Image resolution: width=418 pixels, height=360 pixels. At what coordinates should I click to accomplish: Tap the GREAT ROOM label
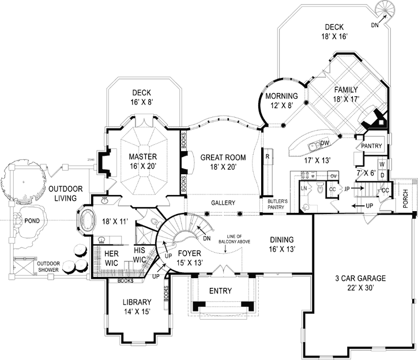pyautogui.click(x=223, y=157)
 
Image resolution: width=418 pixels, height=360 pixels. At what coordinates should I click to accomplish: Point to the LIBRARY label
pyautogui.click(x=136, y=302)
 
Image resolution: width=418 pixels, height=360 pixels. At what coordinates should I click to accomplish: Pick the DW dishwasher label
pyautogui.click(x=325, y=143)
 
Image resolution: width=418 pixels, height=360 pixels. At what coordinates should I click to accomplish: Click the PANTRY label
pyautogui.click(x=371, y=147)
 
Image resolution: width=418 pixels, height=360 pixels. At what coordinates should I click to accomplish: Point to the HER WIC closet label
pyautogui.click(x=111, y=257)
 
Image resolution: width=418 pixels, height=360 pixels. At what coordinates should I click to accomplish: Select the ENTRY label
pyautogui.click(x=220, y=291)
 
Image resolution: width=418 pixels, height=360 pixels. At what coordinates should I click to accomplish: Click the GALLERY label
pyautogui.click(x=222, y=203)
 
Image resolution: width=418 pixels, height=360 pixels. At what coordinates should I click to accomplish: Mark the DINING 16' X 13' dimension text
pyautogui.click(x=281, y=249)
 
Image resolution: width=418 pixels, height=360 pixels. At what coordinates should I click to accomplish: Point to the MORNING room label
pyautogui.click(x=282, y=96)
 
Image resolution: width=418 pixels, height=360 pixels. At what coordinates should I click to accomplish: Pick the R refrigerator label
pyautogui.click(x=268, y=156)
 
